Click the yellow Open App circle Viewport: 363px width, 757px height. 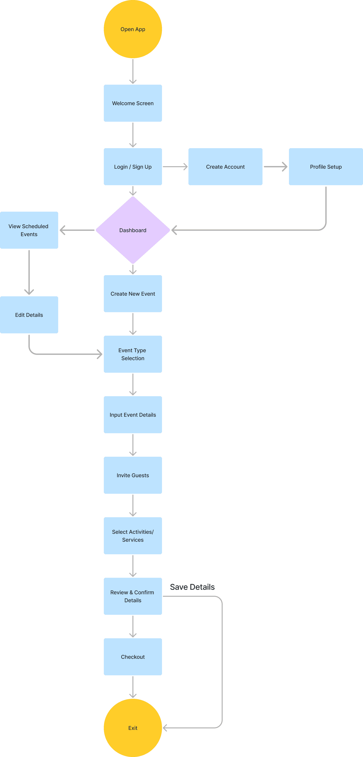(x=133, y=29)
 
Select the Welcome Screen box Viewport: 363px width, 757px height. (x=133, y=103)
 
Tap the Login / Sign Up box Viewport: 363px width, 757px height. (x=133, y=167)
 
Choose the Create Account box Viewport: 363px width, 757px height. (x=225, y=167)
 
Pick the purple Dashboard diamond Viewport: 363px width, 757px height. (x=133, y=230)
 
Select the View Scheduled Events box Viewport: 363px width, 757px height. (x=29, y=230)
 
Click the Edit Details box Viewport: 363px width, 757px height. (x=29, y=315)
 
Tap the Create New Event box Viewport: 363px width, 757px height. (x=133, y=294)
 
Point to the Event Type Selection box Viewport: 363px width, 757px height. (x=133, y=354)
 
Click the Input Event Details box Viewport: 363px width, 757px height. (x=133, y=415)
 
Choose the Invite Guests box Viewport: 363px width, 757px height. (x=133, y=475)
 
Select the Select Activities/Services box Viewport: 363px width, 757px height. (x=133, y=536)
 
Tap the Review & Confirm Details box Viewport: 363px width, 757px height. (x=133, y=596)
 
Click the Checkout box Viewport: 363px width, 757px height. (x=133, y=657)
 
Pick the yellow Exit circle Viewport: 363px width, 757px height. (x=133, y=728)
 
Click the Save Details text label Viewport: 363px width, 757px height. (x=192, y=587)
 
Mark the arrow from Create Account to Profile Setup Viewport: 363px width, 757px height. (x=276, y=167)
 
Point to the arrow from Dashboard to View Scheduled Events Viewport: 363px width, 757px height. (x=77, y=230)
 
